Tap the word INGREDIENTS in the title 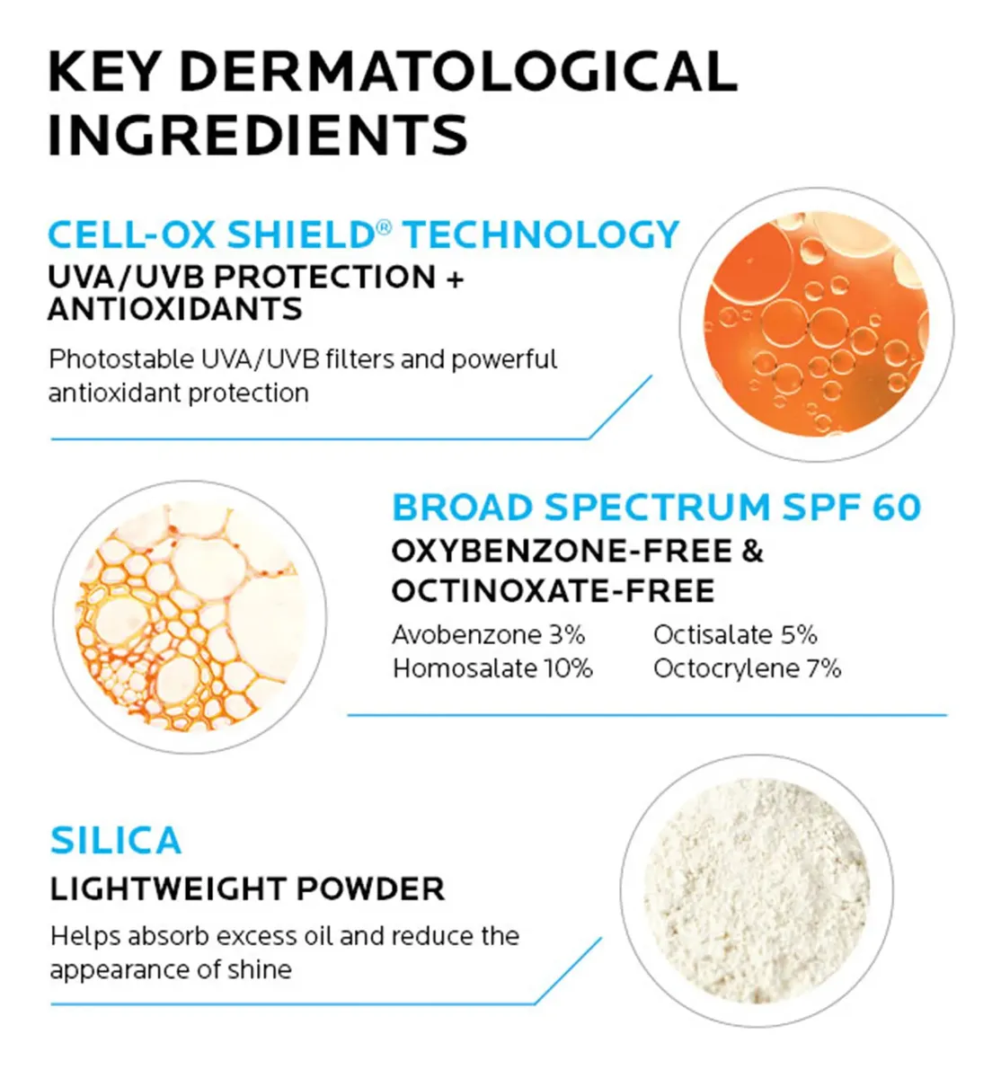[258, 135]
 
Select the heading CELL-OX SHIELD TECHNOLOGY [364, 234]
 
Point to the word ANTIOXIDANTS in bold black [175, 309]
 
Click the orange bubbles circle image [816, 324]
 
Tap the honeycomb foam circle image [190, 617]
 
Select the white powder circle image [757, 891]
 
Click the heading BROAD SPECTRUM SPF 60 [657, 508]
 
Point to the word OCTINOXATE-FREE [553, 590]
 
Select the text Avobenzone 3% [488, 634]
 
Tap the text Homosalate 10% [492, 668]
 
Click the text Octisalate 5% [735, 634]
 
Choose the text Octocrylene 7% [748, 668]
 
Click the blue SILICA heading [116, 840]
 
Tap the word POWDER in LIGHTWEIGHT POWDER [370, 888]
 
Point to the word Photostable [121, 359]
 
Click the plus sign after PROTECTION [456, 279]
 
